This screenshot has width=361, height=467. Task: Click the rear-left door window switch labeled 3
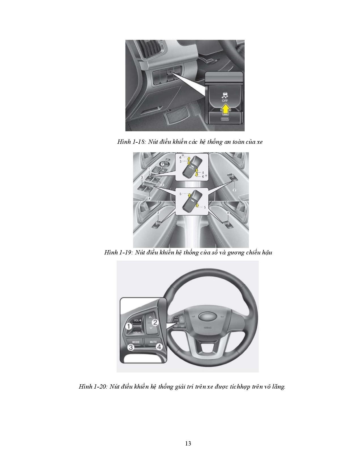(157, 225)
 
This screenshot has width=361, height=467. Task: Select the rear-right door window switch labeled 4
(228, 225)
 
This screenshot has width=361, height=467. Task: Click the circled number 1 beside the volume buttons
(129, 326)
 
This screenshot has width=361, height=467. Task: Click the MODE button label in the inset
(136, 342)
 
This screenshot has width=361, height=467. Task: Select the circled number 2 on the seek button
(155, 322)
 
